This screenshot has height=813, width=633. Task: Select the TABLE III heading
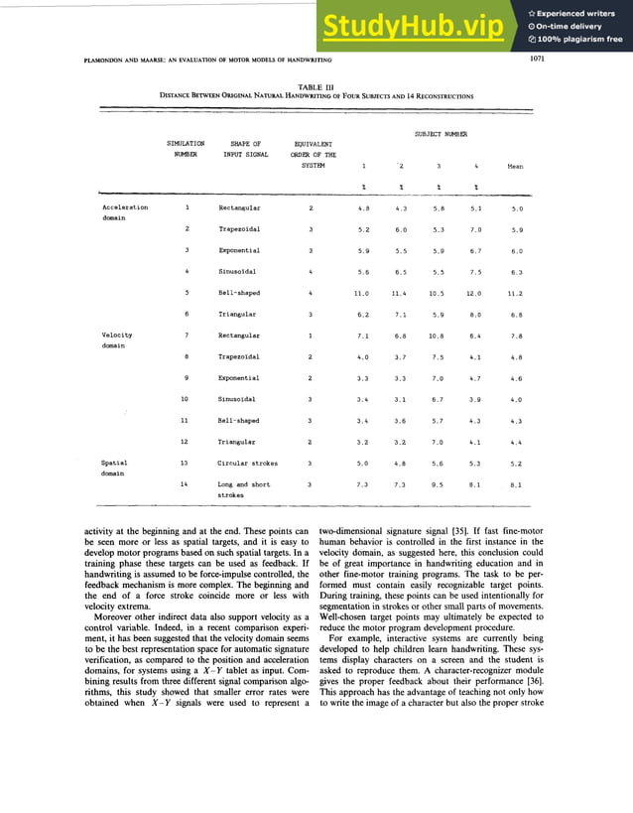(x=316, y=87)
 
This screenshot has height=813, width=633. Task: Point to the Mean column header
(x=515, y=167)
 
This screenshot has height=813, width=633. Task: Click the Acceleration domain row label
(x=126, y=212)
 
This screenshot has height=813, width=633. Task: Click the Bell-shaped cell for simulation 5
(x=239, y=293)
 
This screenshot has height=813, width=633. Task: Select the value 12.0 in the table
(x=472, y=293)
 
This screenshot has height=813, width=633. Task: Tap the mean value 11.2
(x=516, y=293)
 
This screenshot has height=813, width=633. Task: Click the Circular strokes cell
(x=247, y=463)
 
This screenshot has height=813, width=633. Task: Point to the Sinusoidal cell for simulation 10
(x=238, y=399)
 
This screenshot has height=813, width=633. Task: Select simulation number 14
(x=186, y=483)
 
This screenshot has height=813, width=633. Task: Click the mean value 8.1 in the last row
(x=516, y=484)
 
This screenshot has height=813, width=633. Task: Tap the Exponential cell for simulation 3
(x=239, y=250)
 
